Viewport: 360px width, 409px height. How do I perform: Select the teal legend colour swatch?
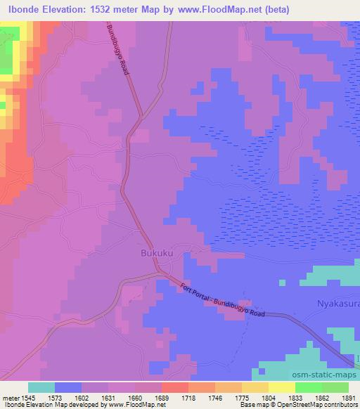tap(41, 387)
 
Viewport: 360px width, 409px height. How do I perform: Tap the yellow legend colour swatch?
tap(282, 387)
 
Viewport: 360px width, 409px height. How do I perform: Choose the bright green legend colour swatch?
tap(309, 387)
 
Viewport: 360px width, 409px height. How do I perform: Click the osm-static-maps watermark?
tap(328, 376)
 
